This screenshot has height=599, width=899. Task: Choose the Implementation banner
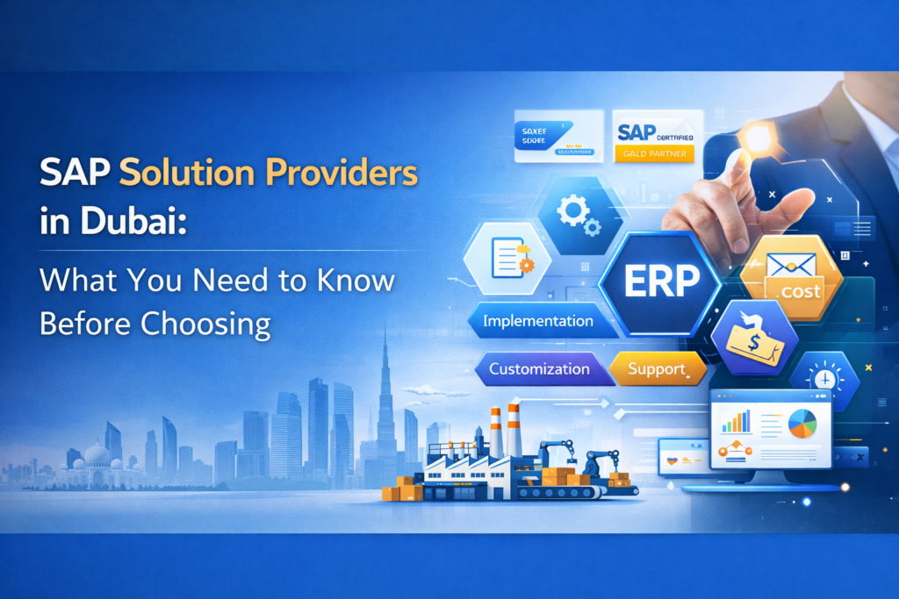pyautogui.click(x=537, y=321)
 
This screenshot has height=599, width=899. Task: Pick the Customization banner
pyautogui.click(x=539, y=368)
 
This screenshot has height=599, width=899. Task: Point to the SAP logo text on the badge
pyautogui.click(x=636, y=132)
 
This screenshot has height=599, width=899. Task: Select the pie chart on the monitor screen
pyautogui.click(x=802, y=424)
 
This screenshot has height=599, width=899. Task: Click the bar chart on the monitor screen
pyautogui.click(x=736, y=422)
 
